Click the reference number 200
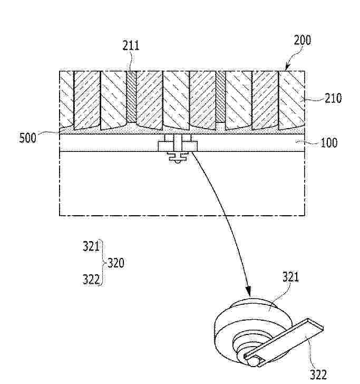(x=303, y=41)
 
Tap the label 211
(x=131, y=45)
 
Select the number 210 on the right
(x=333, y=98)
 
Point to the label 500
(x=27, y=138)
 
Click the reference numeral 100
(x=329, y=142)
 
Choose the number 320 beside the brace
(x=116, y=263)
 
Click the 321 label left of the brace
(x=91, y=246)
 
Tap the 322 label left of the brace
(x=91, y=280)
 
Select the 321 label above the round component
(x=291, y=277)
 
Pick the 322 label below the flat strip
(x=318, y=375)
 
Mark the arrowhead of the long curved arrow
(x=248, y=292)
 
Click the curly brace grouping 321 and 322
(x=102, y=263)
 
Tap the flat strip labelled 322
(x=284, y=342)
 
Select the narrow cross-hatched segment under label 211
(x=131, y=97)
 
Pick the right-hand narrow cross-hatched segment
(x=220, y=97)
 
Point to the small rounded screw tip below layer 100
(x=178, y=161)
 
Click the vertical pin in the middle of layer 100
(x=177, y=143)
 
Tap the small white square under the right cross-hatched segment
(x=220, y=127)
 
